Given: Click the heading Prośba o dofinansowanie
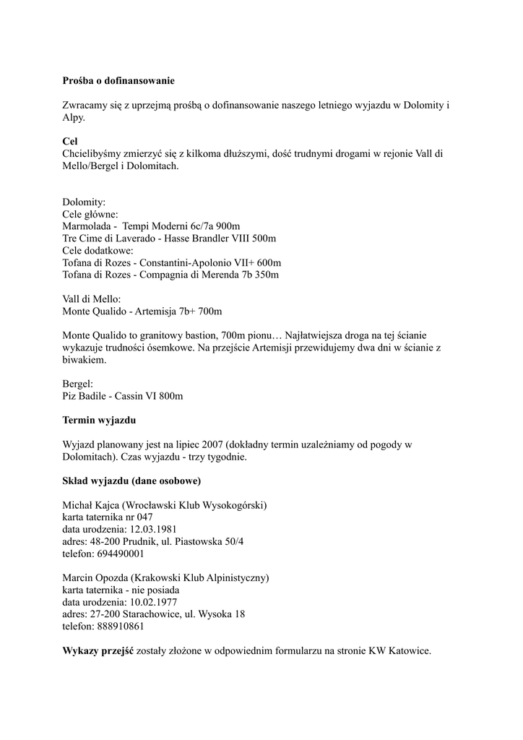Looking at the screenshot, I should tap(118, 81).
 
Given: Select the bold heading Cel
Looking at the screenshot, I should tap(70, 142).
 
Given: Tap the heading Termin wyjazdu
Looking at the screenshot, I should tap(99, 420).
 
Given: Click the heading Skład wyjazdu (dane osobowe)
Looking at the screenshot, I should tap(131, 481).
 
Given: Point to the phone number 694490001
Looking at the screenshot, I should tap(121, 554).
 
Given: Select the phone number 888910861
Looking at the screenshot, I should tap(121, 627).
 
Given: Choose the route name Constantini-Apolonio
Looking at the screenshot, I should tap(193, 262).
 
